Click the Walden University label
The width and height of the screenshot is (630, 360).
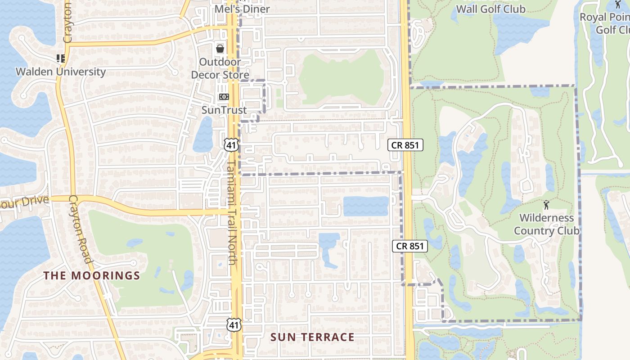[61, 72]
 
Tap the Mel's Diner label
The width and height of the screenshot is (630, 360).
[242, 9]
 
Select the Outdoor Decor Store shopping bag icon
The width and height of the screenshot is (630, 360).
[220, 49]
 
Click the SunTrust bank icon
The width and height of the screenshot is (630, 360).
[224, 97]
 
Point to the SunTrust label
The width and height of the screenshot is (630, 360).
[224, 110]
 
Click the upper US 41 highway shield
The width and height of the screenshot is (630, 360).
[231, 144]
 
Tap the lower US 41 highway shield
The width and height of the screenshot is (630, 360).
[234, 325]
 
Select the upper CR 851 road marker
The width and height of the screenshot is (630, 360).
[405, 145]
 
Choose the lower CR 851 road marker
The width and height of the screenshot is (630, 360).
[410, 246]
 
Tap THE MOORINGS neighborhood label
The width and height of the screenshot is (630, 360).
[92, 275]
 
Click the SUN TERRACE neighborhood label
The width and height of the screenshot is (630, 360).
[312, 337]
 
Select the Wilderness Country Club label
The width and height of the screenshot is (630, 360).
[546, 224]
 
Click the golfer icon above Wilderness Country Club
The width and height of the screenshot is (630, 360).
[547, 205]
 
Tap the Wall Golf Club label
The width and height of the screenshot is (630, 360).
[490, 9]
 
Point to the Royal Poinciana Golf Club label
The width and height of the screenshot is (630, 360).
[605, 23]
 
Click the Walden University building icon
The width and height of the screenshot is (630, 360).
[61, 58]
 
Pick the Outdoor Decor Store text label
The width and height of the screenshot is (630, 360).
[220, 68]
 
